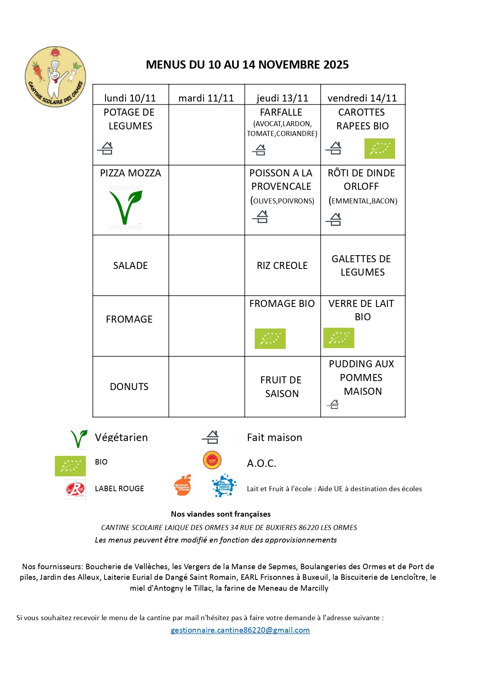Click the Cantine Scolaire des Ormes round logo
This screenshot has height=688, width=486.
click(55, 77)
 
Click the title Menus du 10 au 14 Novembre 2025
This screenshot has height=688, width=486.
click(247, 65)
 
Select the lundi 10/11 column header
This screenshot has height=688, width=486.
click(130, 98)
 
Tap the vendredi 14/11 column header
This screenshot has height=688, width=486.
click(362, 98)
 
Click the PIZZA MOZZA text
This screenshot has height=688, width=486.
click(131, 173)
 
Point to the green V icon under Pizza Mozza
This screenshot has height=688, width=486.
click(125, 207)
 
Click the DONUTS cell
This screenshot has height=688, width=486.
click(129, 387)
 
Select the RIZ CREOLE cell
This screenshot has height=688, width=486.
click(282, 266)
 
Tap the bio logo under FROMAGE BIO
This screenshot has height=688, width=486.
click(270, 339)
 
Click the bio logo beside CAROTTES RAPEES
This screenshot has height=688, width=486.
click(379, 149)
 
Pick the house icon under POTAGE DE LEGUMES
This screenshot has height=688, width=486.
click(106, 148)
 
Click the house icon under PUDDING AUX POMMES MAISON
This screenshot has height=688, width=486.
click(334, 404)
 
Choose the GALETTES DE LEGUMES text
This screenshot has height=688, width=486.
click(362, 265)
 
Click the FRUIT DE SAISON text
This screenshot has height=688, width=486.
click(281, 387)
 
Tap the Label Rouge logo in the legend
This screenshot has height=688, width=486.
click(75, 489)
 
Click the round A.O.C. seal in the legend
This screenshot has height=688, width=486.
click(212, 460)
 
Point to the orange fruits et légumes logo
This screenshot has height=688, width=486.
click(183, 486)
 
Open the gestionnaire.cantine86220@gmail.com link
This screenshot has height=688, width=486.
click(240, 630)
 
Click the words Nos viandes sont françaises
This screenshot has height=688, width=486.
click(221, 514)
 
